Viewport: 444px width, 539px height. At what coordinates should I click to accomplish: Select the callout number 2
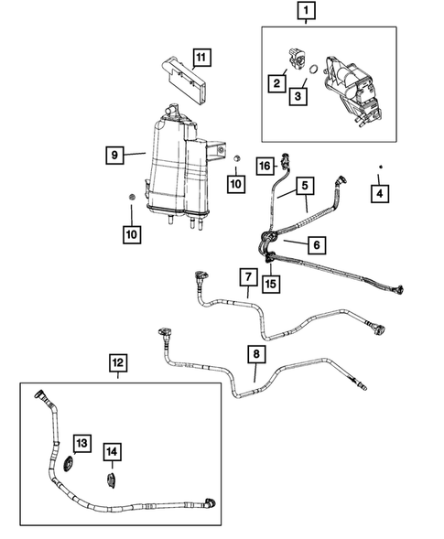(276, 84)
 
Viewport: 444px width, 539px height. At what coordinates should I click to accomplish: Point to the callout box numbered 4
(377, 193)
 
